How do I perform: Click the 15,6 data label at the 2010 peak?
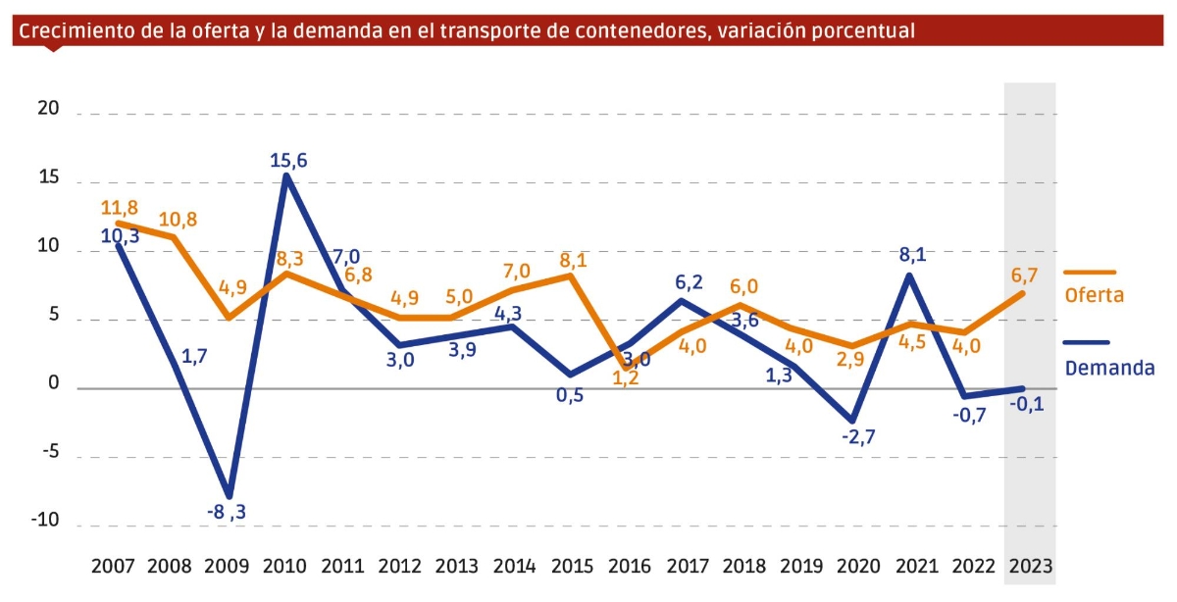pyautogui.click(x=288, y=160)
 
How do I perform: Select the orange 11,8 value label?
pyautogui.click(x=120, y=207)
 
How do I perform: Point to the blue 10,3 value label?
pyautogui.click(x=120, y=236)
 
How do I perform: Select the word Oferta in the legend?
pyautogui.click(x=1094, y=295)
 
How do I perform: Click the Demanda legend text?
pyautogui.click(x=1109, y=368)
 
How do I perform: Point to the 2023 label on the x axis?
pyautogui.click(x=1030, y=567)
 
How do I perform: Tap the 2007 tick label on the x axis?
pyautogui.click(x=114, y=567)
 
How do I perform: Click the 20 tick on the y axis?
pyautogui.click(x=48, y=110)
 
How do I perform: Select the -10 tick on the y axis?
pyautogui.click(x=43, y=522)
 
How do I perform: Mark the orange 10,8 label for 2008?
pyautogui.click(x=178, y=220)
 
